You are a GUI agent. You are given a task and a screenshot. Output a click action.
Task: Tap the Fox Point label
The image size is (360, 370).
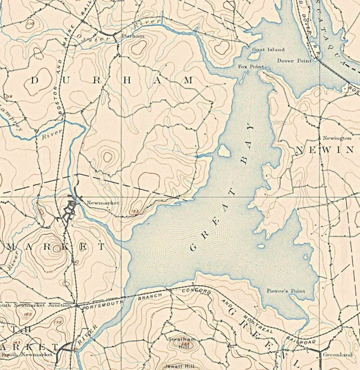pos(249,66)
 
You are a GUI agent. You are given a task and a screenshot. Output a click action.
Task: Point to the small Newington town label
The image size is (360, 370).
pos(337,137)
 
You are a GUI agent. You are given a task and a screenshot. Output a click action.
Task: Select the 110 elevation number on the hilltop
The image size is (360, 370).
pos(30,23)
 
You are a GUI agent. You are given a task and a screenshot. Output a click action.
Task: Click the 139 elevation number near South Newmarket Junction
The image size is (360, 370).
pos(58,322)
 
